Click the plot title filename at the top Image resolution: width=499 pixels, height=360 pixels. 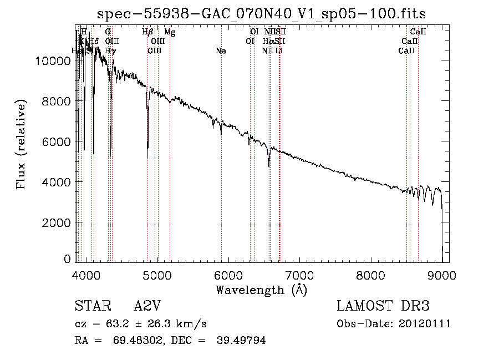(261, 14)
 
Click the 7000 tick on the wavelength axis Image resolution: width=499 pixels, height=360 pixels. (299, 276)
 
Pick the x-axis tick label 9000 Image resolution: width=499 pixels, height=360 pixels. (442, 276)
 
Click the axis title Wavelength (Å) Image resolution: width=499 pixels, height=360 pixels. (261, 290)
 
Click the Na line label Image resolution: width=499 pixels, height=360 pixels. (221, 51)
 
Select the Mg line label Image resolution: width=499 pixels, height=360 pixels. (170, 33)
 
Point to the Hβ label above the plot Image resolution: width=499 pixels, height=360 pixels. (147, 33)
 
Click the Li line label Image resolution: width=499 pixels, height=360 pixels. (279, 51)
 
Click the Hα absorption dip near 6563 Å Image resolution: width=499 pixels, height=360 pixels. (269, 165)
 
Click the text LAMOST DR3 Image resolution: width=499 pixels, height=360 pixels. (383, 306)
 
